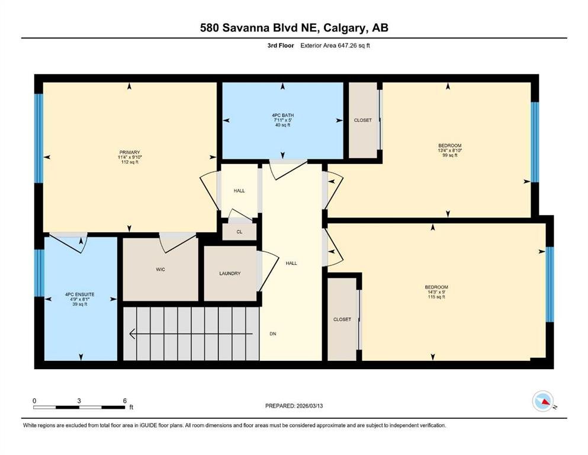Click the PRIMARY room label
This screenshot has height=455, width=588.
[129, 152]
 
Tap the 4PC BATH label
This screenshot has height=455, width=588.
[283, 115]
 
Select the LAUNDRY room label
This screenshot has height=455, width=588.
[230, 274]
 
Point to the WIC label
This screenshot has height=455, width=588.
[160, 270]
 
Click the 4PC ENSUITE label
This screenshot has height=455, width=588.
[80, 294]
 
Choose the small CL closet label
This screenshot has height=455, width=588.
[239, 232]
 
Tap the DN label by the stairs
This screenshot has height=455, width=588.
[273, 334]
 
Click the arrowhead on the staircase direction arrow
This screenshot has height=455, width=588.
[132, 334]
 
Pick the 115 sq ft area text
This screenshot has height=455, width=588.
[436, 297]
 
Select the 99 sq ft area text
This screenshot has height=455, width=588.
[450, 155]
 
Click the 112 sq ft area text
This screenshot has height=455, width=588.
[130, 162]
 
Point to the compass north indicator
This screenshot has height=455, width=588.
[543, 401]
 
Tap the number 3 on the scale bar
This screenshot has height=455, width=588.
[79, 400]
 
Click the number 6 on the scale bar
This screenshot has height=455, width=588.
[125, 400]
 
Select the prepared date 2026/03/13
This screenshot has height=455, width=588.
[309, 406]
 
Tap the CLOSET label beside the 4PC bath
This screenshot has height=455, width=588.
[363, 120]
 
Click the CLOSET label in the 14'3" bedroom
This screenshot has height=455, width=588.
[342, 319]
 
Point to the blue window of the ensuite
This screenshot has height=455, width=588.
[39, 273]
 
